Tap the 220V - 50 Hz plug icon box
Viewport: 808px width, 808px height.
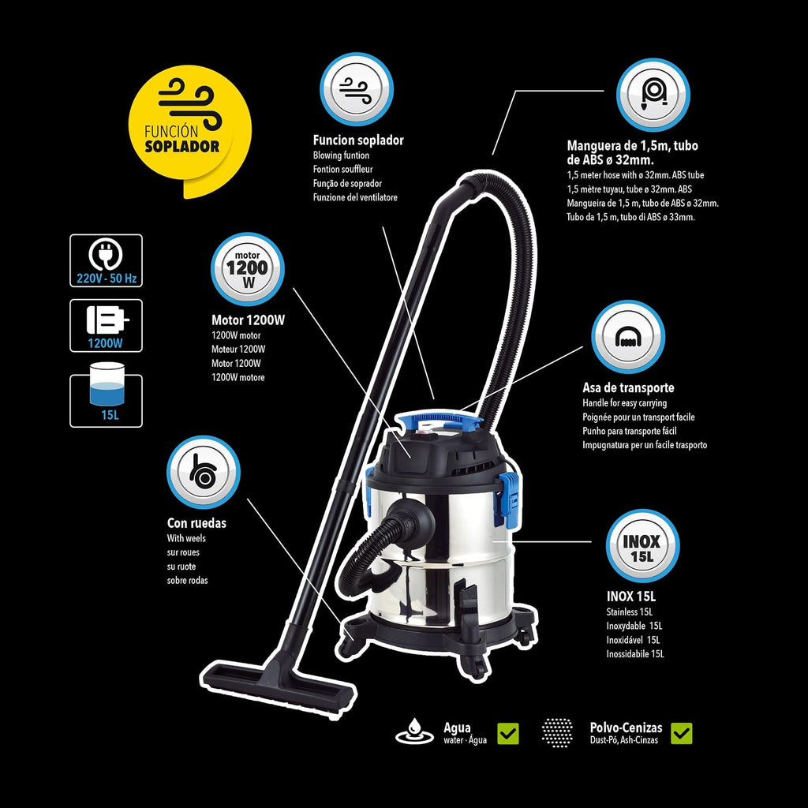point(107,260)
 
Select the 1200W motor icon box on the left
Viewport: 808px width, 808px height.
point(107,326)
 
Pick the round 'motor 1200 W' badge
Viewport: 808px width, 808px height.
point(247,269)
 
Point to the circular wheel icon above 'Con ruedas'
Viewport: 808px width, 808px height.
point(204,473)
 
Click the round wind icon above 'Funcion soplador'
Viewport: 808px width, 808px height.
point(357,89)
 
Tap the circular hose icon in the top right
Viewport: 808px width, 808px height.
point(653,95)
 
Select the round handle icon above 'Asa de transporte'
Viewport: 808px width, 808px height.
point(628,337)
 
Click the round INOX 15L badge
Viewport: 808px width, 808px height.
point(642,546)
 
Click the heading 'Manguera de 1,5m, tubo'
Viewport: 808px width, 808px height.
point(632,146)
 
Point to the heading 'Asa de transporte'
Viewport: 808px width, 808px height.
point(628,387)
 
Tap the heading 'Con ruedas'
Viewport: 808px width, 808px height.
point(196,523)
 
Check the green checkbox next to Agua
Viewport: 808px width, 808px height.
point(508,733)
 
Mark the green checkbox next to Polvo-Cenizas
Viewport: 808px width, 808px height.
point(682,733)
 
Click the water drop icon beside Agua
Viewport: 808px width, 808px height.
point(413,731)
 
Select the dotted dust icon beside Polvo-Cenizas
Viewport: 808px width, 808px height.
point(557,732)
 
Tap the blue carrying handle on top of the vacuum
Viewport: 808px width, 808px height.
point(447,419)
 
